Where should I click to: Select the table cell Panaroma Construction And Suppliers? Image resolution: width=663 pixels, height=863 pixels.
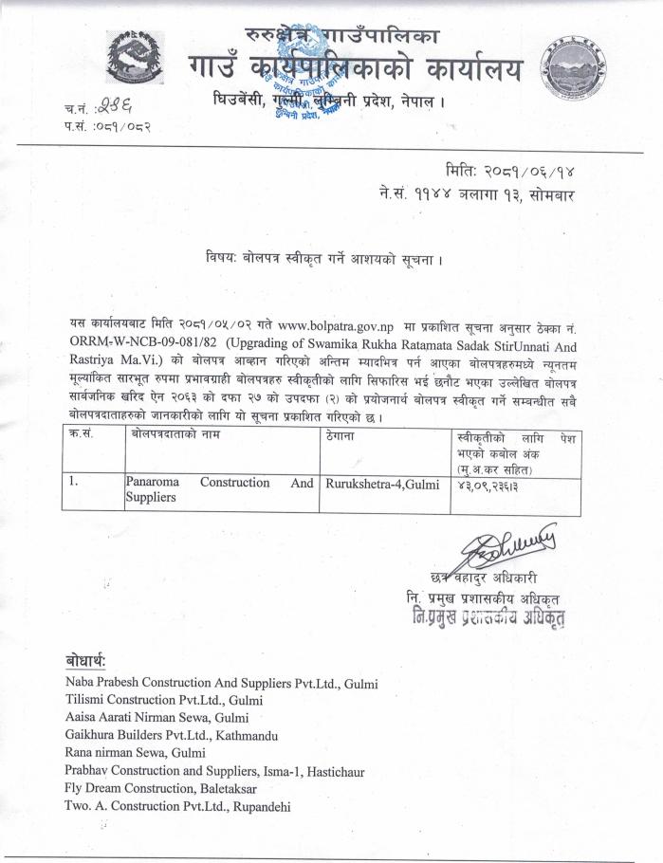tap(218, 489)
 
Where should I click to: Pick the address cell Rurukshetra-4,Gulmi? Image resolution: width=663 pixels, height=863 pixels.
tap(382, 483)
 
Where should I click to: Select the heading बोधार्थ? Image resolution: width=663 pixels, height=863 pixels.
tap(86, 660)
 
